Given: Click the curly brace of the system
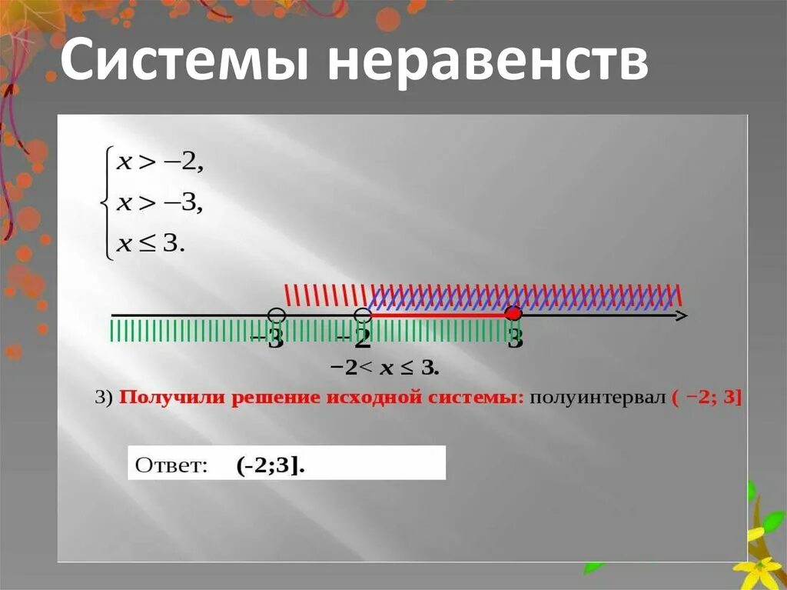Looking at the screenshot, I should click(x=106, y=204).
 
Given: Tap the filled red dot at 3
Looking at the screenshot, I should click(x=514, y=313).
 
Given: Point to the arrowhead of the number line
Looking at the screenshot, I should click(x=681, y=315).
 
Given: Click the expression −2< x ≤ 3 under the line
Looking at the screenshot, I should click(x=384, y=368).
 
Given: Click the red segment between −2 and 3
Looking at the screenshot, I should click(x=438, y=315).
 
